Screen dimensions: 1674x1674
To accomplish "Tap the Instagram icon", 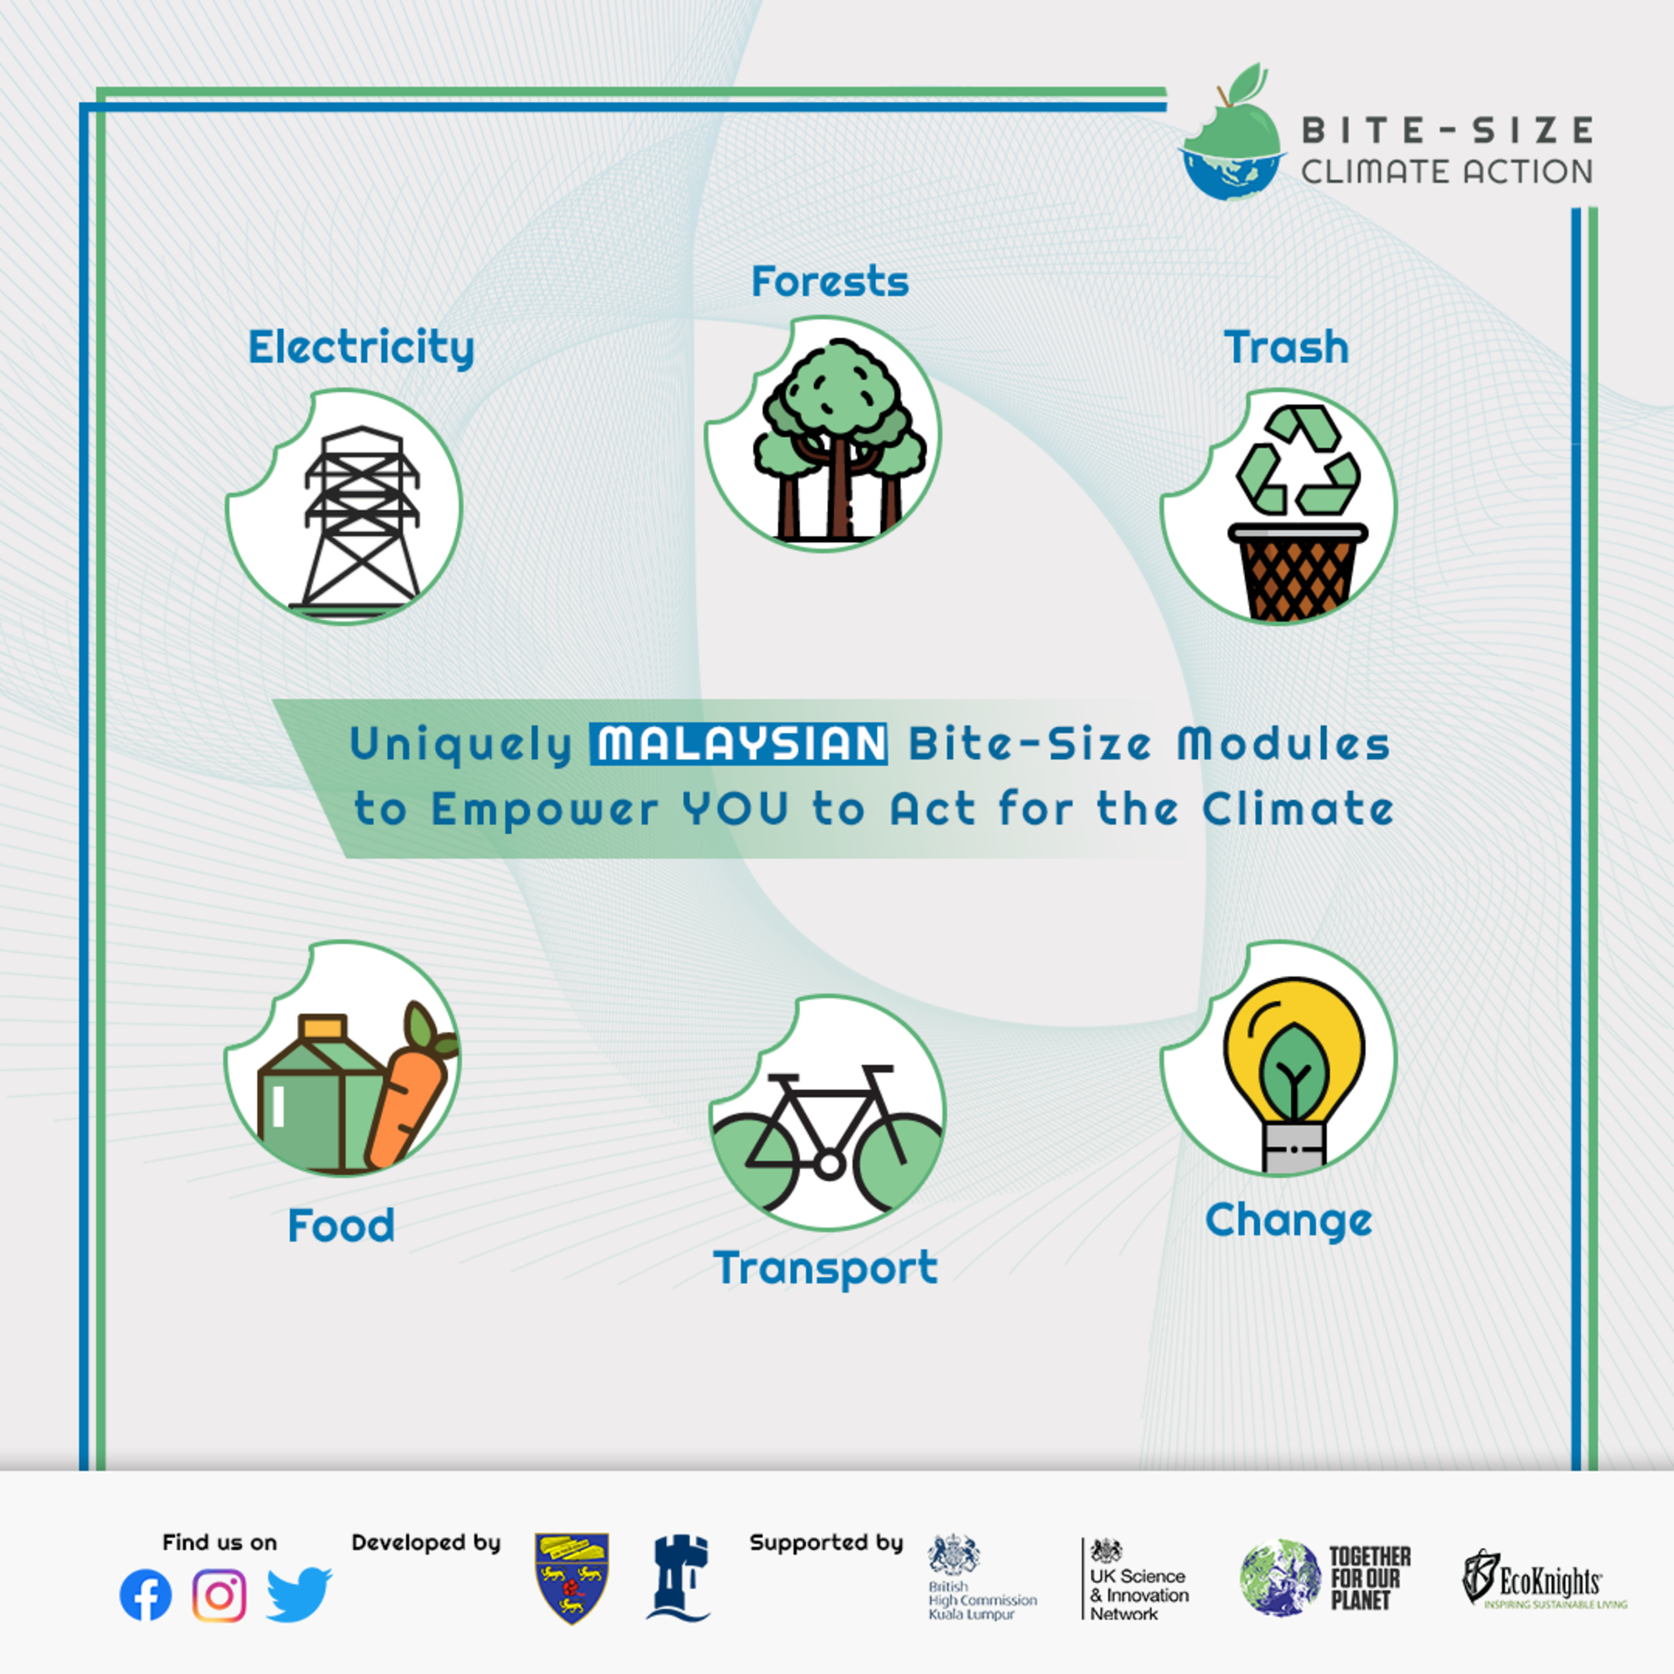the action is click(219, 1595).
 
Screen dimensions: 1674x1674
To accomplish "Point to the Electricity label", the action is click(362, 348).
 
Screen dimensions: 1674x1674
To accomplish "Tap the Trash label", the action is click(1287, 348).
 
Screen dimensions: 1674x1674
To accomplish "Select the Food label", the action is click(341, 1225).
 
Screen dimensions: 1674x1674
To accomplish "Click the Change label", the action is click(1288, 1221).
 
